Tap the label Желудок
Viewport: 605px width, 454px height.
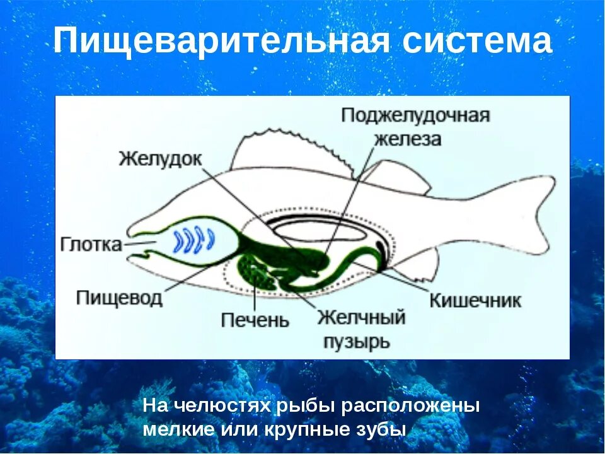click(161, 158)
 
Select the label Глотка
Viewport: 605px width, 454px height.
click(92, 244)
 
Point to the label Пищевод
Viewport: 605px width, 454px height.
click(120, 297)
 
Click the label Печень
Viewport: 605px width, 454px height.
click(255, 320)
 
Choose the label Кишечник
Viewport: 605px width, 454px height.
click(475, 300)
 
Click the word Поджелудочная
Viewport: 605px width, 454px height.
click(416, 117)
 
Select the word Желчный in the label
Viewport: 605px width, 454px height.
click(360, 317)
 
